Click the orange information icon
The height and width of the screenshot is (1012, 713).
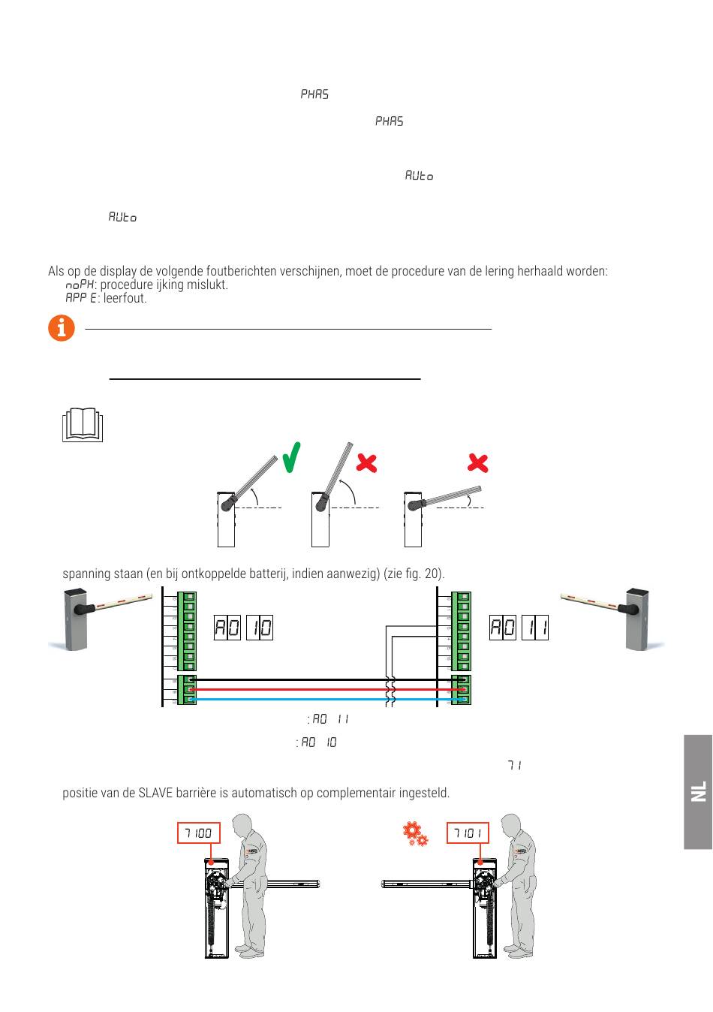62,329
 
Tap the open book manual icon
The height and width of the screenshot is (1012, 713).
82,425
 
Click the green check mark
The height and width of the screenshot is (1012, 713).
292,458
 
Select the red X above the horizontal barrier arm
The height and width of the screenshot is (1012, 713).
477,462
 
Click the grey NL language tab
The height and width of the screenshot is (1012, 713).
698,791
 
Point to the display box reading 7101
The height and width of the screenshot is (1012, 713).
468,833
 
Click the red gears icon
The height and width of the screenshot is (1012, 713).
415,834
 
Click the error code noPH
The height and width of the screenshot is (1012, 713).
80,285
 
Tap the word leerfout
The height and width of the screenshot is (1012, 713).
125,299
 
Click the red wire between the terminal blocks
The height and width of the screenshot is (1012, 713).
323,689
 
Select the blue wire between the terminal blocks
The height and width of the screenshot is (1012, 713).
323,699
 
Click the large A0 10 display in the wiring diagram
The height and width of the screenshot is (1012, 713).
243,628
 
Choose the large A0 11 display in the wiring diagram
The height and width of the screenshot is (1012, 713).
519,628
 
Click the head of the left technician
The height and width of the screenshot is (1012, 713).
242,824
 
